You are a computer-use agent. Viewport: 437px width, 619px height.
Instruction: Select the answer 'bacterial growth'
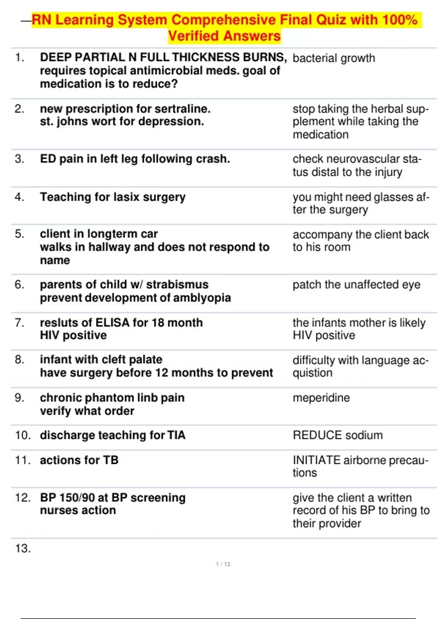(334, 58)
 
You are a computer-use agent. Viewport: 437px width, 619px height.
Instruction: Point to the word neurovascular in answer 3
(363, 159)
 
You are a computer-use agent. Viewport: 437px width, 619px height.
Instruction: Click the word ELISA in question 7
(112, 323)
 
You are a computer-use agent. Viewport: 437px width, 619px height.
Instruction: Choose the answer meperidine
(321, 398)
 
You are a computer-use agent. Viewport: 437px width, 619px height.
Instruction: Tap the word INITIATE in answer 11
(316, 460)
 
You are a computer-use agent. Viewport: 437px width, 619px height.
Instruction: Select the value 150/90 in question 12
(76, 498)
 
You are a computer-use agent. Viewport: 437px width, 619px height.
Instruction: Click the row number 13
(23, 548)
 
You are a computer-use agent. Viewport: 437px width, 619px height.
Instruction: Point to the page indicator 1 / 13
(223, 564)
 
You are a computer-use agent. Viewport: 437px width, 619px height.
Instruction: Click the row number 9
(20, 398)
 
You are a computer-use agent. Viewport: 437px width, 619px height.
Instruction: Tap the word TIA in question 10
(176, 435)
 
